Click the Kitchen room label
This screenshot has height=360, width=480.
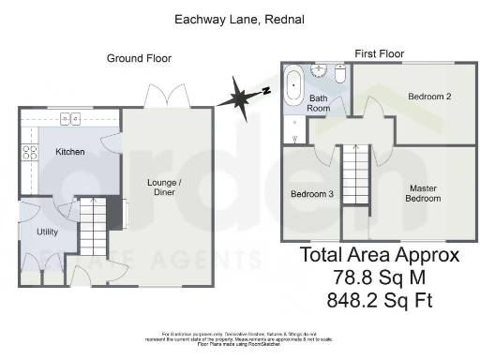pyautogui.click(x=69, y=152)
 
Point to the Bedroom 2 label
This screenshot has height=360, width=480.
pyautogui.click(x=430, y=97)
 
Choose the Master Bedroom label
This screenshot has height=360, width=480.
pyautogui.click(x=422, y=193)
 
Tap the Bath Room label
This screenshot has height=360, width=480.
pyautogui.click(x=320, y=103)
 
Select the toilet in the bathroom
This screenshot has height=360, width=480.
pyautogui.click(x=340, y=72)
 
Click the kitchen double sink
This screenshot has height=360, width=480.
pyautogui.click(x=69, y=118)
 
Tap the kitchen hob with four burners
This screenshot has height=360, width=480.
pyautogui.click(x=29, y=153)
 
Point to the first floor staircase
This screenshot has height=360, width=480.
pyautogui.click(x=353, y=175)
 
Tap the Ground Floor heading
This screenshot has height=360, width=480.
pyautogui.click(x=138, y=59)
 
